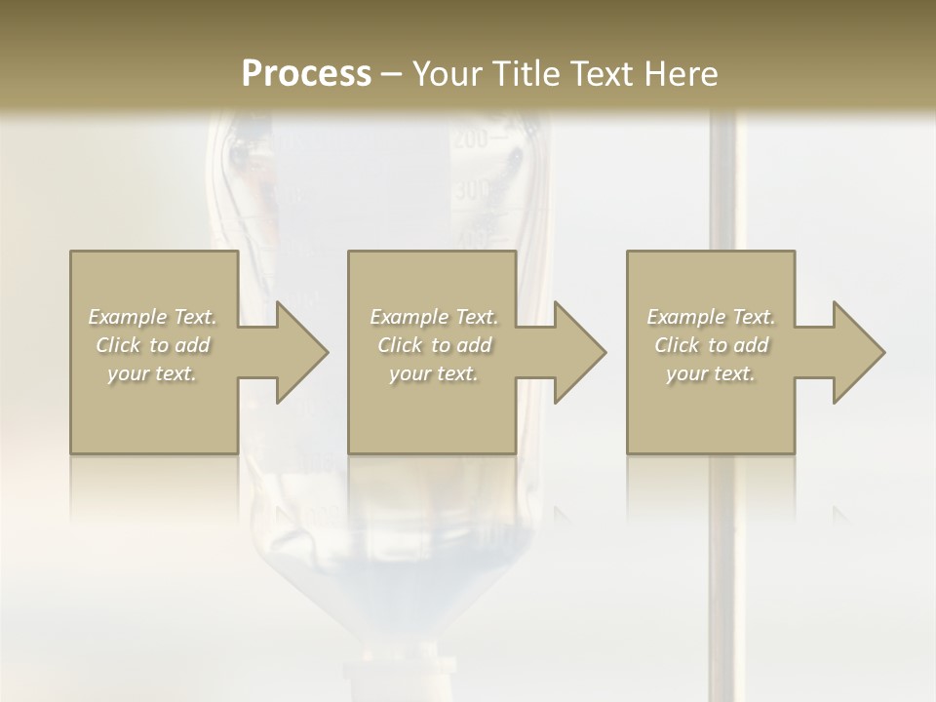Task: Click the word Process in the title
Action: coord(306,74)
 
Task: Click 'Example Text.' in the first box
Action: coord(153,317)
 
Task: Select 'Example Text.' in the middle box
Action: coord(434,317)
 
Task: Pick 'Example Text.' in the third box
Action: coord(711,317)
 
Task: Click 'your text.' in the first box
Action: coord(152,373)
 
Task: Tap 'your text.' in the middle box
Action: coord(434,373)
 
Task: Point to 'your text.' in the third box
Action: coord(711,373)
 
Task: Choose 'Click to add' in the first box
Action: coord(153,345)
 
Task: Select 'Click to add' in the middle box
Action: coord(434,345)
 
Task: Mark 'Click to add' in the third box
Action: coord(711,345)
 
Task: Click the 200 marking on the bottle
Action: coord(470,140)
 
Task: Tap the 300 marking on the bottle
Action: coord(471,189)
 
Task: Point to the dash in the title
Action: coord(391,75)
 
